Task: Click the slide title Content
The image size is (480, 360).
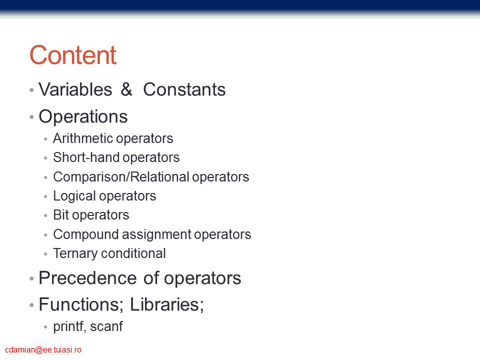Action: pos(73,55)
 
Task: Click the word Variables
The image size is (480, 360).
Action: pos(75,89)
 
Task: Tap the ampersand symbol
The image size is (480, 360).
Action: pos(126,89)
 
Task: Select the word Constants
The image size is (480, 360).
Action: pos(184,89)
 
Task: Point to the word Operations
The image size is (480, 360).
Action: pos(83,116)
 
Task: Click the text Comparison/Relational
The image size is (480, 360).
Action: pos(121,177)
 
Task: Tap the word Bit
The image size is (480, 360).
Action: pos(61,215)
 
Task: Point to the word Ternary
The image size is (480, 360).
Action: pos(75,253)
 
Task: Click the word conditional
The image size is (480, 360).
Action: pos(133,253)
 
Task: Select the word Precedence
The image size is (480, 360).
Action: pos(87,278)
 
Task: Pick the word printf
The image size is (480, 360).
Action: pos(69,326)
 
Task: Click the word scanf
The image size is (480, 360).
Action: pos(106,326)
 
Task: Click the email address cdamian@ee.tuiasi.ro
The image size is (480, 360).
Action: pos(43,350)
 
